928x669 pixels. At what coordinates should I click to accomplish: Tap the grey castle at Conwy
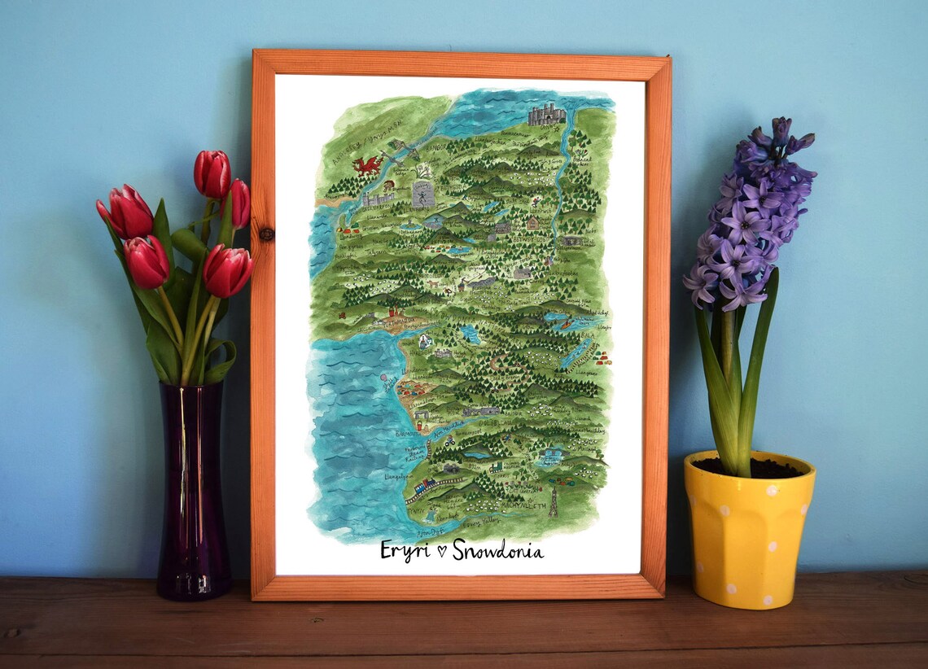[x=545, y=115]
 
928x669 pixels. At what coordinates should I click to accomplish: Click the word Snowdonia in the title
[x=497, y=550]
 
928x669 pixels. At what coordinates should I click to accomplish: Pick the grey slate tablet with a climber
[x=422, y=195]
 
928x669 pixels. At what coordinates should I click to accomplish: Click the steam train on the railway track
[x=424, y=487]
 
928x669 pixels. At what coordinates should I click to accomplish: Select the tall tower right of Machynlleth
[x=553, y=501]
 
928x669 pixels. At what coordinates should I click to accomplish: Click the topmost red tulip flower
[x=212, y=173]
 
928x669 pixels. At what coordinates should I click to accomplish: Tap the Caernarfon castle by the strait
[x=377, y=197]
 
